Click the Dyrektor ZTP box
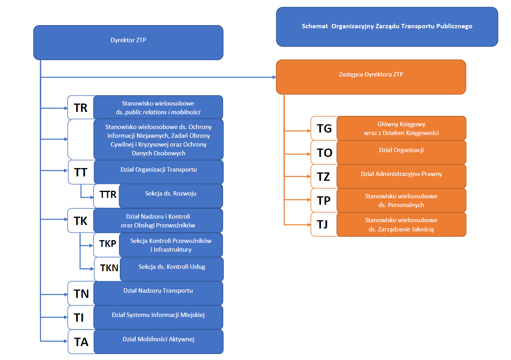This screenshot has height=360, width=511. click(x=128, y=42)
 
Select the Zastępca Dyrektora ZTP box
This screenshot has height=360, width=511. click(x=371, y=77)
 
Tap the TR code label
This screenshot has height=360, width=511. click(x=81, y=108)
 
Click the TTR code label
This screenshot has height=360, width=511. click(x=108, y=195)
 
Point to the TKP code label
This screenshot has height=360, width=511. click(x=107, y=244)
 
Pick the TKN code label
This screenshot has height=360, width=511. click(x=109, y=268)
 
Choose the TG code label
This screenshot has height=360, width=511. click(x=324, y=128)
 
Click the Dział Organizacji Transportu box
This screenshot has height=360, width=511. click(x=158, y=172)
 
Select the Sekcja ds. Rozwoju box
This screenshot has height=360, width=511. click(x=171, y=195)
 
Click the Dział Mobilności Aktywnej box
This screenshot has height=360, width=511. click(x=158, y=341)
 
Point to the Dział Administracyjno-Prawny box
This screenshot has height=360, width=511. click(x=401, y=176)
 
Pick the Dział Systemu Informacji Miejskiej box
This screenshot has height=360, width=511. click(x=158, y=317)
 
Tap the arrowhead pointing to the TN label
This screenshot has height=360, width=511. click(x=66, y=294)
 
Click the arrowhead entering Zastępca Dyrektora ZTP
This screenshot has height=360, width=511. click(x=274, y=77)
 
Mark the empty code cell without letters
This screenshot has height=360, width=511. click(x=81, y=139)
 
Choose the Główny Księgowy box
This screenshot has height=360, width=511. click(x=401, y=128)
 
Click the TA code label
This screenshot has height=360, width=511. click(x=81, y=342)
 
